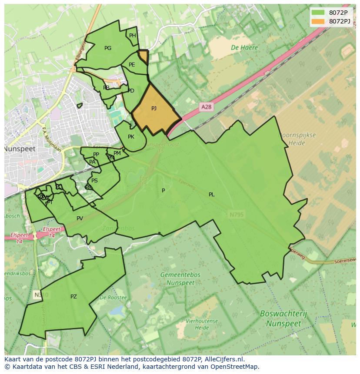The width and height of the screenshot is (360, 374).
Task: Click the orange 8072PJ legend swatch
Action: (x=318, y=21)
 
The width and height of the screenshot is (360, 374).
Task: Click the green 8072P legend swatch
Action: (x=318, y=13)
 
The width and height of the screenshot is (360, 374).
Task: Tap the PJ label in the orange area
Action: (x=154, y=109)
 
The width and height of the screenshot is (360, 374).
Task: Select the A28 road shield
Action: (x=207, y=106)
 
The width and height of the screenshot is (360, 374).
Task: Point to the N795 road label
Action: (x=237, y=214)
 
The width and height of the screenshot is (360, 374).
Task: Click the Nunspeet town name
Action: (x=20, y=149)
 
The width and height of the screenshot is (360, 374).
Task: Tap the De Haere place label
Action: (x=244, y=48)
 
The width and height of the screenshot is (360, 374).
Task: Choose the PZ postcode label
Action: (x=73, y=297)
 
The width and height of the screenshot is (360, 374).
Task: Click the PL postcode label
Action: (x=212, y=195)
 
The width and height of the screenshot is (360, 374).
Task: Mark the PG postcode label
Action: (x=108, y=48)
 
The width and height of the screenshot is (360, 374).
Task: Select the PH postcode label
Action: (x=133, y=36)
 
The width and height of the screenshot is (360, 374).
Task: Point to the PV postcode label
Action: (x=80, y=218)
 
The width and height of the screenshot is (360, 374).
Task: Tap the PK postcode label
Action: (x=131, y=137)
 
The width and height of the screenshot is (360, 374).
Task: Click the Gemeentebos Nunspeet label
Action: (x=180, y=279)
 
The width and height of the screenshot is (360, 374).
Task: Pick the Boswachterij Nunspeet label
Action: (x=283, y=318)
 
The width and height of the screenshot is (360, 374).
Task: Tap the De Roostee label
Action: (x=113, y=298)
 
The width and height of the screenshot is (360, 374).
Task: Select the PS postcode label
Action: (x=94, y=181)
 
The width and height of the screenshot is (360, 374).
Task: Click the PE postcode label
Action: (x=132, y=65)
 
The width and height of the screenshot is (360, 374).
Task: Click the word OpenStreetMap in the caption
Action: (x=235, y=367)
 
